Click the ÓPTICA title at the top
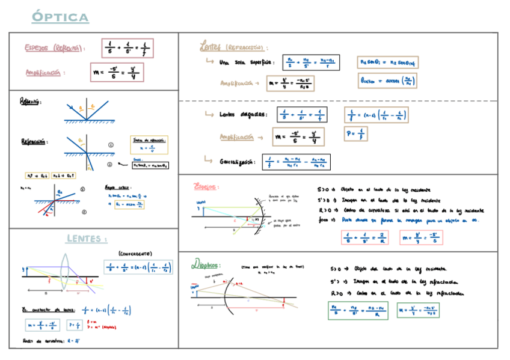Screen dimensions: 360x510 pyautogui.click(x=60, y=17)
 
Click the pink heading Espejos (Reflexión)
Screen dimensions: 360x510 pyautogui.click(x=54, y=48)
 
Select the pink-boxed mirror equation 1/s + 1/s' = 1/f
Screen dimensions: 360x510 pyautogui.click(x=127, y=47)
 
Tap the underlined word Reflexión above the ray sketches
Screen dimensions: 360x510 pyautogui.click(x=30, y=102)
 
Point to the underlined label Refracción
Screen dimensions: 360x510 pyautogui.click(x=34, y=142)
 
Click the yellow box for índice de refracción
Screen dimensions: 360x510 pyautogui.click(x=149, y=145)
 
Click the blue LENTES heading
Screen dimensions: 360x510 pyautogui.click(x=87, y=239)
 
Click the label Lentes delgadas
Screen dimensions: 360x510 pyautogui.click(x=243, y=115)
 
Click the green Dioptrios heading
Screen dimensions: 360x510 pyautogui.click(x=206, y=264)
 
